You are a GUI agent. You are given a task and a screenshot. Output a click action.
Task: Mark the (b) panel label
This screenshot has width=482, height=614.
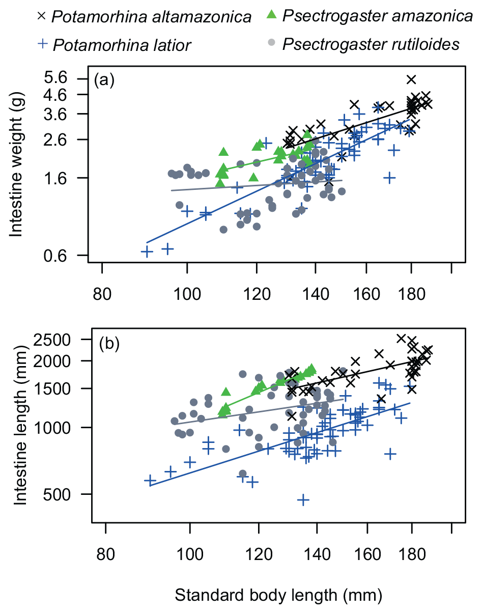click(x=108, y=344)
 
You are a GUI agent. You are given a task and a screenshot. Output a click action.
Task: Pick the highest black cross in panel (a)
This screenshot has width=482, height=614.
click(x=411, y=79)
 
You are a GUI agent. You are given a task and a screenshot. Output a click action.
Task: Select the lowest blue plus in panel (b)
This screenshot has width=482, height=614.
click(x=303, y=500)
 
